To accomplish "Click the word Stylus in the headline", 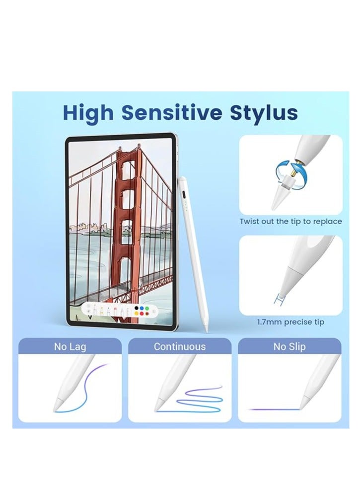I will pos(263,113).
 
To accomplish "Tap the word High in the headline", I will pos(88,113).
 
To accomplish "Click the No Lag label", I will pos(70,346).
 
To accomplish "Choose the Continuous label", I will pos(179,346).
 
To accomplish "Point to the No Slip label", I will pos(290,346).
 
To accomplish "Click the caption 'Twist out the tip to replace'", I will pos(290,221).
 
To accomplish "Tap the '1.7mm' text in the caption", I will pos(268,322).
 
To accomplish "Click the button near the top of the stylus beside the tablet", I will pos(184,192).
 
